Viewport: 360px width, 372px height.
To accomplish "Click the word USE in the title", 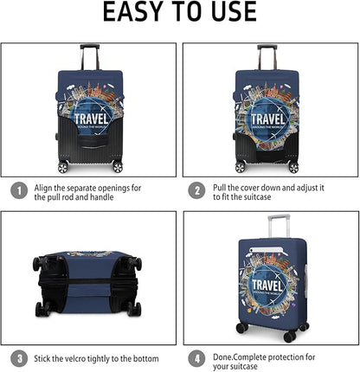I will click(231, 12).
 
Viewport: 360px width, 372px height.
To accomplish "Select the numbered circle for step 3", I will click(17, 356).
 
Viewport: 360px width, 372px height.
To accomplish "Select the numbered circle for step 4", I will click(197, 356).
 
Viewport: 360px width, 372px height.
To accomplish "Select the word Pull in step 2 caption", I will click(222, 187).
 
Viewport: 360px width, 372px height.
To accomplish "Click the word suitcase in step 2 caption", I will click(271, 198).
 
